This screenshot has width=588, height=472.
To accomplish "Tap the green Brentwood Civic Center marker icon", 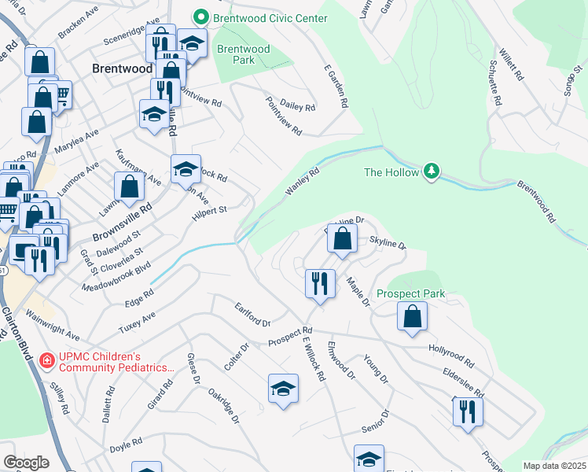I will pos(201,17).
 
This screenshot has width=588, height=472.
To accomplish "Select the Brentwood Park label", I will pos(243,54).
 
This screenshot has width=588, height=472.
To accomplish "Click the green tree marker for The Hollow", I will pos(431,171).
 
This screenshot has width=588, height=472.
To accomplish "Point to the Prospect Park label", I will pos(410,293).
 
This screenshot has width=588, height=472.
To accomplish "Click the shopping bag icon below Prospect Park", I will pos(412,317).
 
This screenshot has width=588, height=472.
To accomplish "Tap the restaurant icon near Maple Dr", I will pos(319,282).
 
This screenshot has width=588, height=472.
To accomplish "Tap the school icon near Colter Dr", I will pos(283,389).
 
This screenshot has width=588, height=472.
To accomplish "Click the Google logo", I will pos(26,463).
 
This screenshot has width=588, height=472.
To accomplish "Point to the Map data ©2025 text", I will pos(554,466).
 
